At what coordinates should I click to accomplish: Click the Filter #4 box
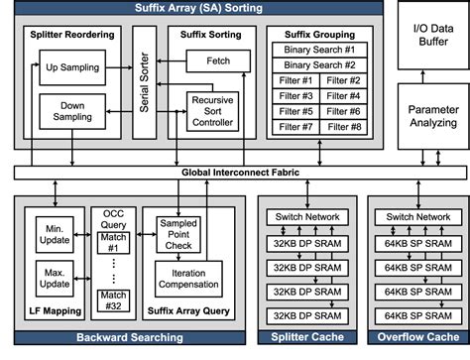coord(343,96)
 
